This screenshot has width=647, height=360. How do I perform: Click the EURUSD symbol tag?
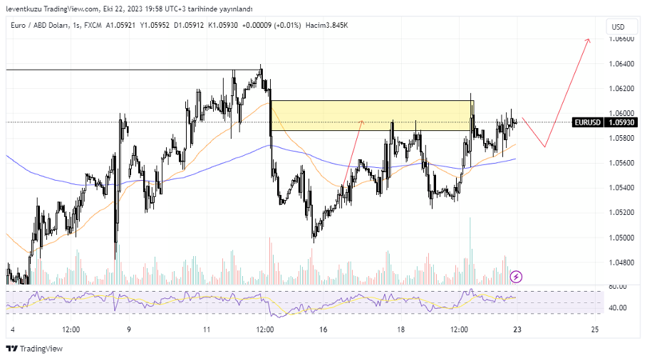pos(588,122)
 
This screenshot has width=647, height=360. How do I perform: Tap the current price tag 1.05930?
pos(621,122)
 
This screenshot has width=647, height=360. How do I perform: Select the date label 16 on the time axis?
pos(323,330)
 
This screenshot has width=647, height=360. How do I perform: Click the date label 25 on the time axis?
pos(595,330)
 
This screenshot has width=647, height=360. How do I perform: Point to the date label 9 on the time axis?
pos(129,330)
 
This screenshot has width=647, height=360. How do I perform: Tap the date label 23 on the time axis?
pos(517,330)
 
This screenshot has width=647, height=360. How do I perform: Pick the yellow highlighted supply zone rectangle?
pos(371,115)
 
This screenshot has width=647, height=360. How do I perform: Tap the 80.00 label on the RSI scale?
pos(618,287)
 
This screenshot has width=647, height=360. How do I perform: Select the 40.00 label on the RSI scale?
pos(618,308)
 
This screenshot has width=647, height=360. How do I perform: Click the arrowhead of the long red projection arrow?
pos(589,40)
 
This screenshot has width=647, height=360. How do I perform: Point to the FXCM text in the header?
pos(92,26)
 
